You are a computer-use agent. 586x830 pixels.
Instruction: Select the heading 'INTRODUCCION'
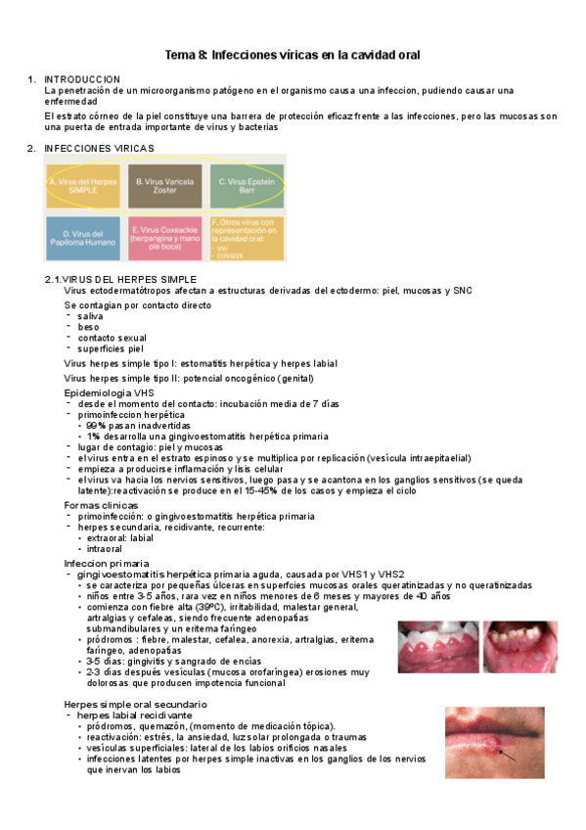(x=83, y=78)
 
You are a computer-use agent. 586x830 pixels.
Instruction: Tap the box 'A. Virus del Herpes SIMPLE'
(x=83, y=186)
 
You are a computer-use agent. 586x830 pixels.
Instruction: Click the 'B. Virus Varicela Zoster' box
(x=165, y=186)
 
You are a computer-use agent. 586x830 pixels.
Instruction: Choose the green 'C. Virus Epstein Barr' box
(x=248, y=186)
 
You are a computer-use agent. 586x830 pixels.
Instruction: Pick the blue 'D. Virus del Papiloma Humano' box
(x=83, y=238)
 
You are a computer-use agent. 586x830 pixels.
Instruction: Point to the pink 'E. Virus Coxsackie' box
(x=165, y=238)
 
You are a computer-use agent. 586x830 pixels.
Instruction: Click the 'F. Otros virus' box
(x=248, y=238)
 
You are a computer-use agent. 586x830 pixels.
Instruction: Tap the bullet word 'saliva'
(x=91, y=316)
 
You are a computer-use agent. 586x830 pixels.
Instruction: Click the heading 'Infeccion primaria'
(x=107, y=564)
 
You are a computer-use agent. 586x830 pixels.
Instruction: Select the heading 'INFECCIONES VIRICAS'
(x=99, y=148)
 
